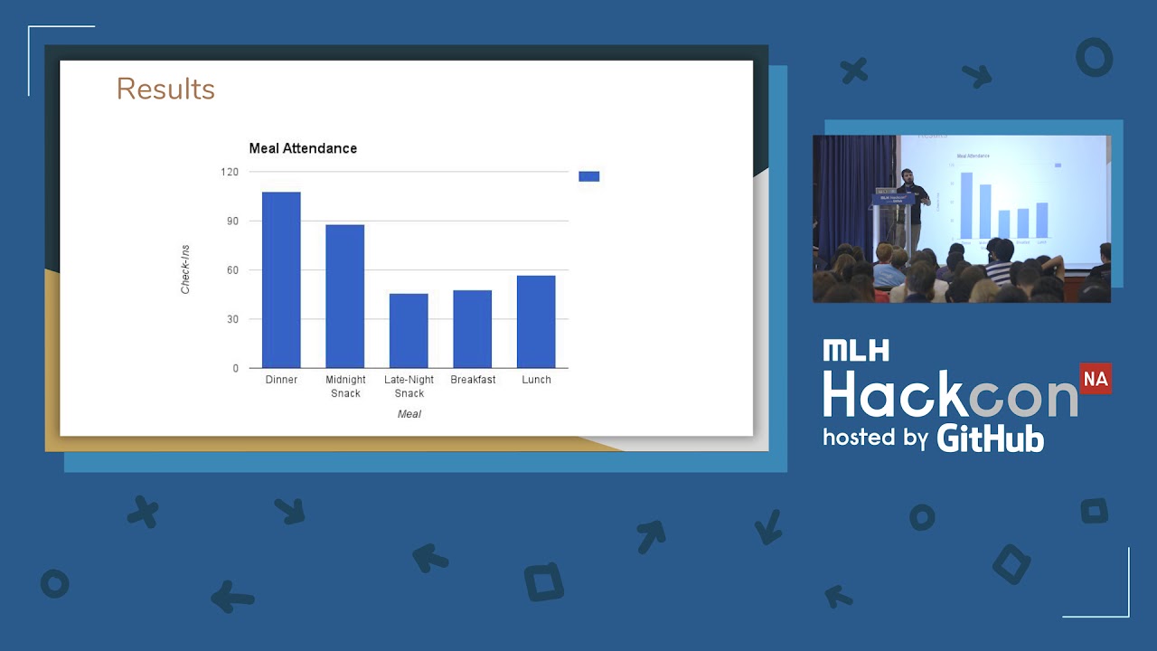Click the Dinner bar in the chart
pyautogui.click(x=281, y=280)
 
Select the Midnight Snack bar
pyautogui.click(x=345, y=297)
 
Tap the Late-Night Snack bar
pyautogui.click(x=409, y=331)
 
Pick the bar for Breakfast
pyautogui.click(x=473, y=329)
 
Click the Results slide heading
pyautogui.click(x=165, y=89)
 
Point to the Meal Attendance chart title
pyautogui.click(x=303, y=148)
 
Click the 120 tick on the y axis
pyautogui.click(x=229, y=172)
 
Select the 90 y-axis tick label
pyautogui.click(x=231, y=222)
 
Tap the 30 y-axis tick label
pyautogui.click(x=231, y=319)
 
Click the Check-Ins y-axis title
pyautogui.click(x=185, y=269)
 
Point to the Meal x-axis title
pyautogui.click(x=409, y=414)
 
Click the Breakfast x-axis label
pyautogui.click(x=473, y=380)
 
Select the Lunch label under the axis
pyautogui.click(x=536, y=380)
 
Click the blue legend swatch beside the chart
pyautogui.click(x=588, y=176)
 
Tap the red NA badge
pyautogui.click(x=1096, y=379)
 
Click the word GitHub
pyautogui.click(x=991, y=438)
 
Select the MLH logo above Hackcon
pyautogui.click(x=855, y=351)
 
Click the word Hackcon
pyautogui.click(x=949, y=394)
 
